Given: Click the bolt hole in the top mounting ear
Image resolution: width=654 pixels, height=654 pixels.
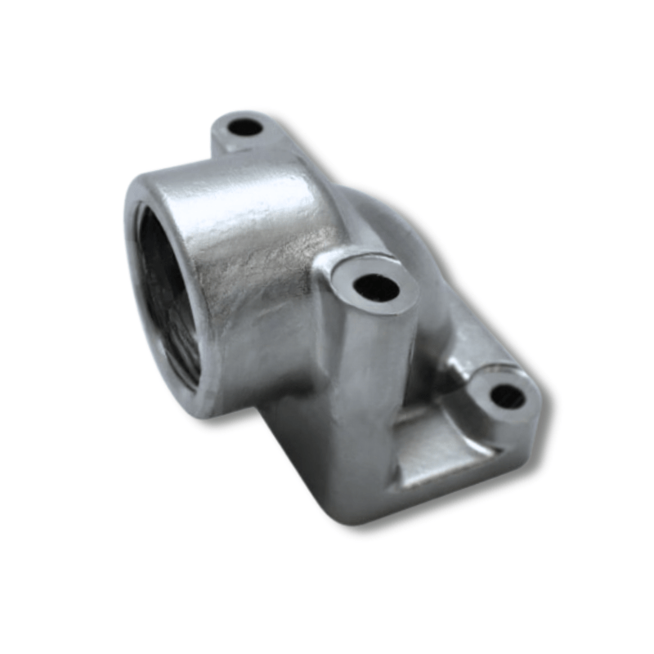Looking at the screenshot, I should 244,128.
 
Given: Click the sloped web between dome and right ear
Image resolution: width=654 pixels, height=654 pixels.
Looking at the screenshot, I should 458,327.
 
